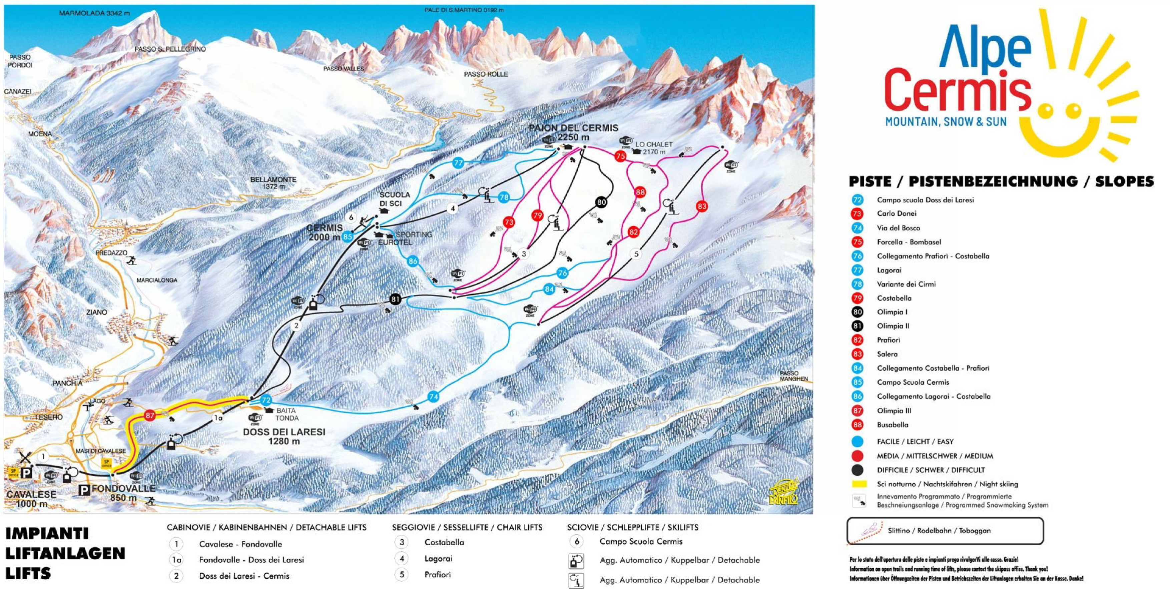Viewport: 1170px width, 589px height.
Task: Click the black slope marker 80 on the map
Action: point(601,202)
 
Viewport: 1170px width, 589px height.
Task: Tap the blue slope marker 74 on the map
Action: point(433,397)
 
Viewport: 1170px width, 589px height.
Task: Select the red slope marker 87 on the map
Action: point(150,415)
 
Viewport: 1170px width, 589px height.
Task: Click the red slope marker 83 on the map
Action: point(702,206)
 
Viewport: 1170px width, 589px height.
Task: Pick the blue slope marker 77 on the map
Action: point(458,162)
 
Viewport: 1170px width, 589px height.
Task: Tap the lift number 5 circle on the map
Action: point(636,254)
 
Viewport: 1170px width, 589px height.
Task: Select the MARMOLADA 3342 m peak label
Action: point(94,13)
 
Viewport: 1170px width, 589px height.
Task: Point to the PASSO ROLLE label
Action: point(486,74)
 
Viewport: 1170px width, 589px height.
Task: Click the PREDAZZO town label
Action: point(111,253)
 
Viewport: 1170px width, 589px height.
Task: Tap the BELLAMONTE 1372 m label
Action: point(273,183)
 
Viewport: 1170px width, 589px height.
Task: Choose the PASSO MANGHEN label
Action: point(794,376)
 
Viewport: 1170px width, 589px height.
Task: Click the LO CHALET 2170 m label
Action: point(653,148)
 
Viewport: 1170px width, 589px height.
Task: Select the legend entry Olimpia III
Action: point(894,411)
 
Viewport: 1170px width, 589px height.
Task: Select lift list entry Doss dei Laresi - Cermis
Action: point(244,576)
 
